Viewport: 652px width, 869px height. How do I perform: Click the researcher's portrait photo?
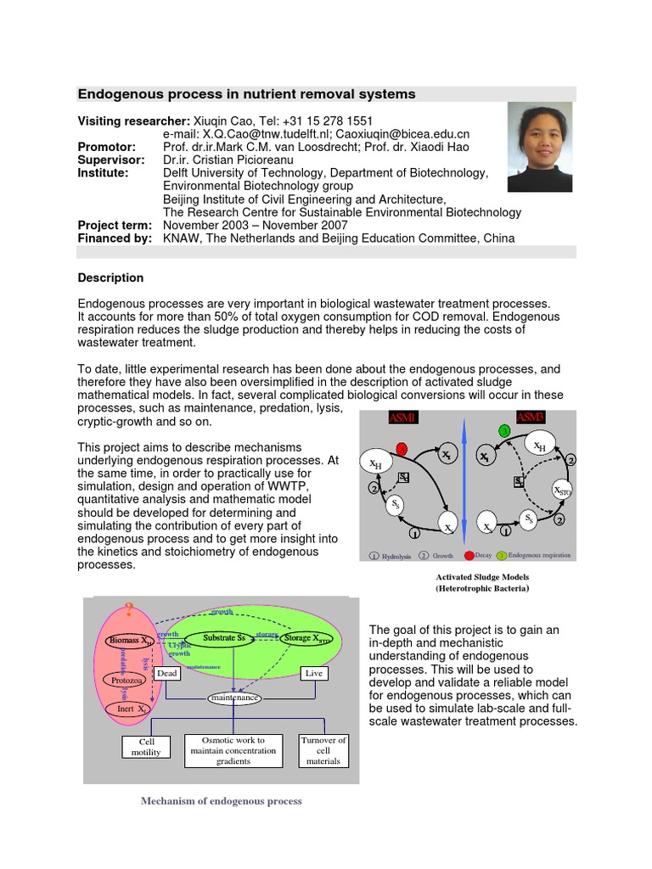[x=539, y=147]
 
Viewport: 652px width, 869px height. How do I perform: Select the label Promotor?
[x=107, y=147]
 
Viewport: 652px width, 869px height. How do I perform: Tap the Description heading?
[x=110, y=278]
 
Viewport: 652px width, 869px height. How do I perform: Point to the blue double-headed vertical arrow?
[x=464, y=484]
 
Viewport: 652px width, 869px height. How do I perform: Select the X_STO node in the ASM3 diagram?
[x=561, y=491]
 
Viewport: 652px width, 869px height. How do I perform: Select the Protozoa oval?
[x=125, y=680]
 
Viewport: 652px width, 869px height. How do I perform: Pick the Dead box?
[x=167, y=673]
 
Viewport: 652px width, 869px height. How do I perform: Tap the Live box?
[x=315, y=673]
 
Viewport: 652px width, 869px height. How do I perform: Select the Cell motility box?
[x=146, y=747]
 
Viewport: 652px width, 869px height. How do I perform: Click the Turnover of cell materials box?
[x=323, y=751]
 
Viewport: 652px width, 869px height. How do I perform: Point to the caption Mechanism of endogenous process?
[x=221, y=801]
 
